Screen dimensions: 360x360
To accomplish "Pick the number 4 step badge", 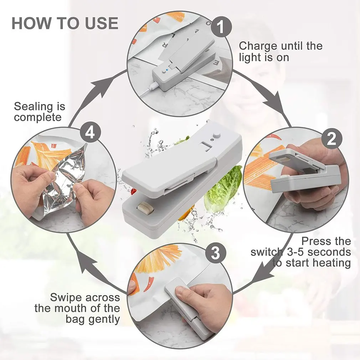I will [90, 133].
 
